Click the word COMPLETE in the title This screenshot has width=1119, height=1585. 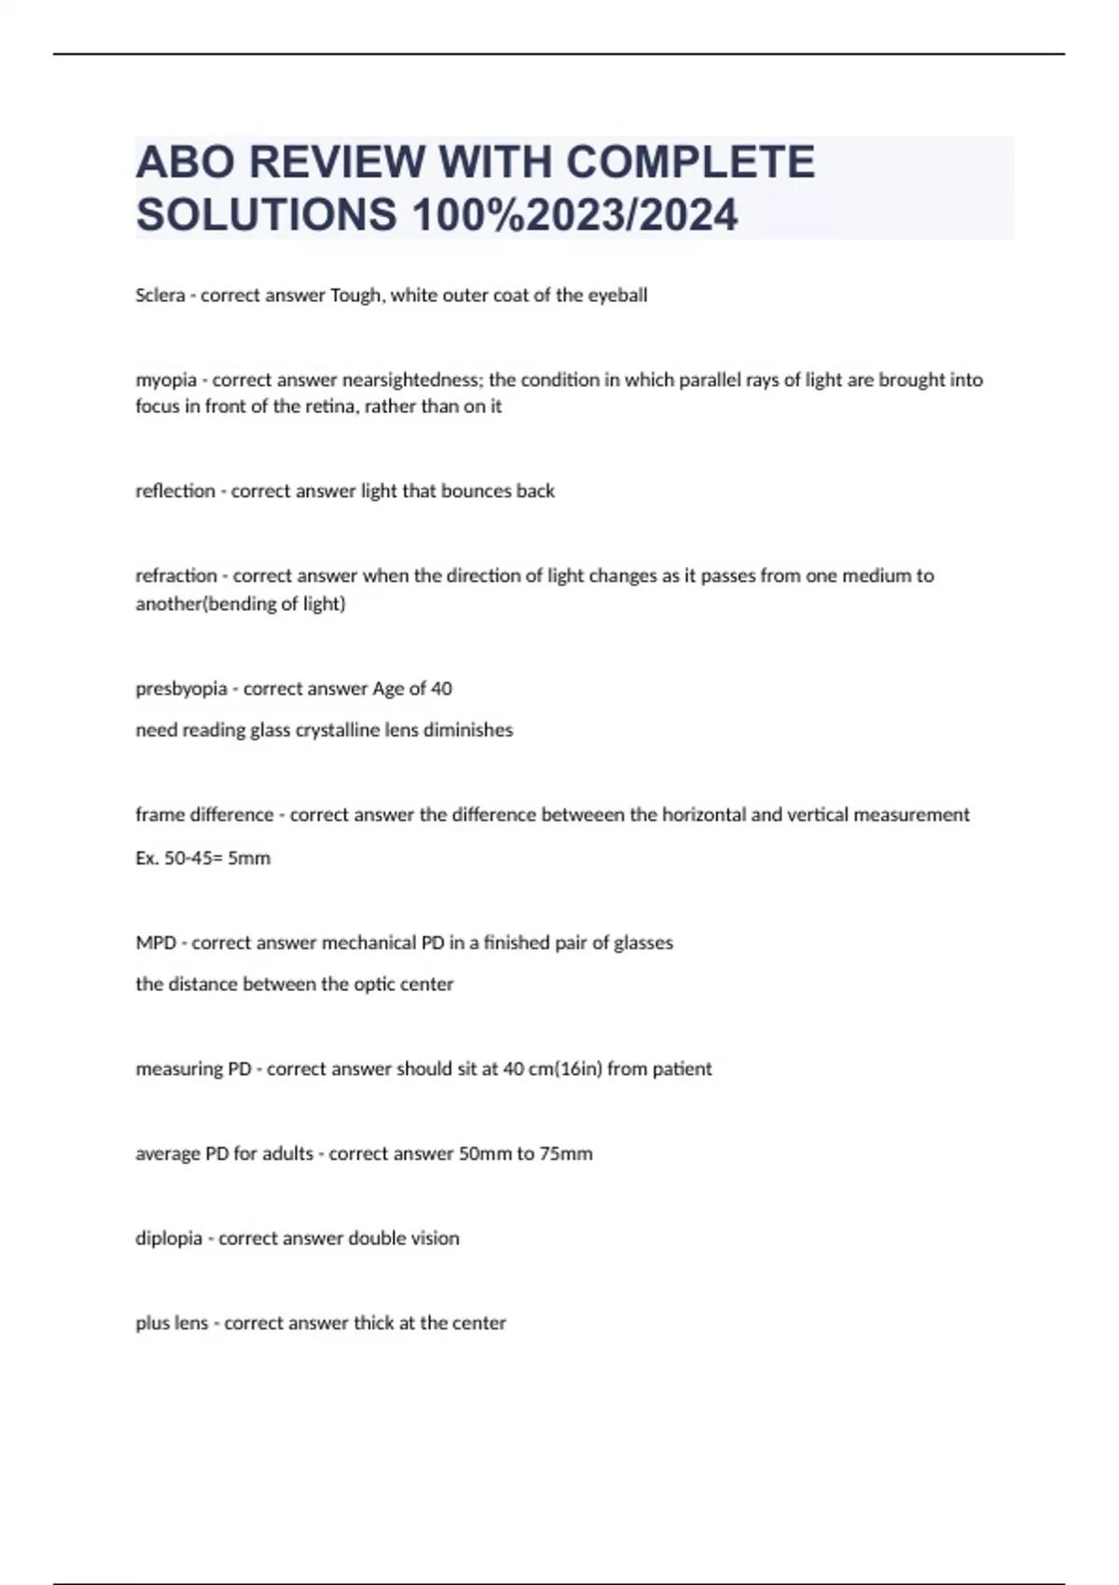coord(690,162)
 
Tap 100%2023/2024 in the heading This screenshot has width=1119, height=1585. coord(574,214)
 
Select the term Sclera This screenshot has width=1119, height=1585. coord(159,296)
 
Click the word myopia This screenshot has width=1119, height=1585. coord(166,380)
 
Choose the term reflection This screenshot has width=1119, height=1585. coord(175,491)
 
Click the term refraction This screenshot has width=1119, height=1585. coord(176,576)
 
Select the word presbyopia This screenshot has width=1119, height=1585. coord(181,689)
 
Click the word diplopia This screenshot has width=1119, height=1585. coord(169,1239)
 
